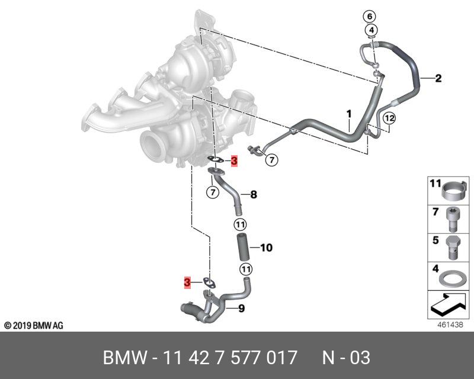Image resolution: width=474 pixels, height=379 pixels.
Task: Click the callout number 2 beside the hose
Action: (x=438, y=78)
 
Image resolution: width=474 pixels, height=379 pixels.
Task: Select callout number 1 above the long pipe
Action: (x=349, y=113)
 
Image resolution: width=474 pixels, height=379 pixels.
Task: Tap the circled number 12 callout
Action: (x=388, y=118)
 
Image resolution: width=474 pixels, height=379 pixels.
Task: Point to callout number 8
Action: (x=254, y=194)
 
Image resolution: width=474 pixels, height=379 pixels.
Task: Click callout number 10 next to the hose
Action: (x=266, y=248)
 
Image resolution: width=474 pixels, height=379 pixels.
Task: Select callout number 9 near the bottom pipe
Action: (x=241, y=308)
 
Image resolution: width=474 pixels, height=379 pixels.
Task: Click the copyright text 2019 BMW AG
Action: (x=34, y=326)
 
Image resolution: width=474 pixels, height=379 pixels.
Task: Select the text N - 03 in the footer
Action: (x=346, y=358)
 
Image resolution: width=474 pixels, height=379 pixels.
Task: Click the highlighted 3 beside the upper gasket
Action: (x=234, y=161)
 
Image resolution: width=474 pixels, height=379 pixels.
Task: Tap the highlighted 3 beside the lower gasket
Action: (x=187, y=283)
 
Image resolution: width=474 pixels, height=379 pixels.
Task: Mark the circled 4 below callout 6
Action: (x=371, y=30)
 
